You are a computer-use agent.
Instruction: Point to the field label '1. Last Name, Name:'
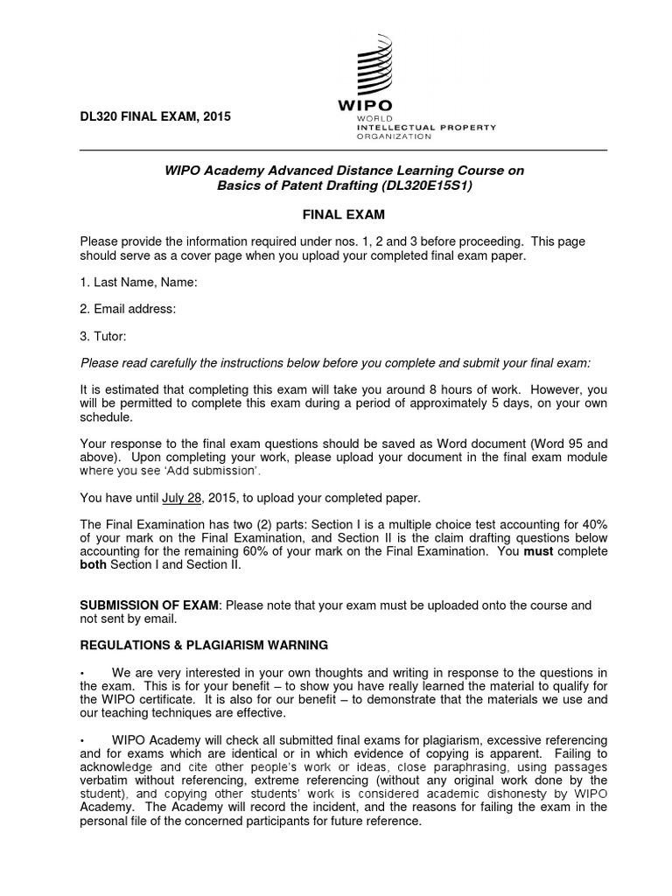click(x=138, y=283)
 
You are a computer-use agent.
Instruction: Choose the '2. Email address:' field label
click(x=129, y=309)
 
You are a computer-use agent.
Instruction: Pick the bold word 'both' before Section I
click(x=93, y=566)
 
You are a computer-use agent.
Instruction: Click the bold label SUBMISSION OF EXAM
click(x=149, y=605)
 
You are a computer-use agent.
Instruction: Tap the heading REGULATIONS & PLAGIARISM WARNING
click(x=204, y=645)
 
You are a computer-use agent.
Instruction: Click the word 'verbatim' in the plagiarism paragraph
click(x=105, y=780)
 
